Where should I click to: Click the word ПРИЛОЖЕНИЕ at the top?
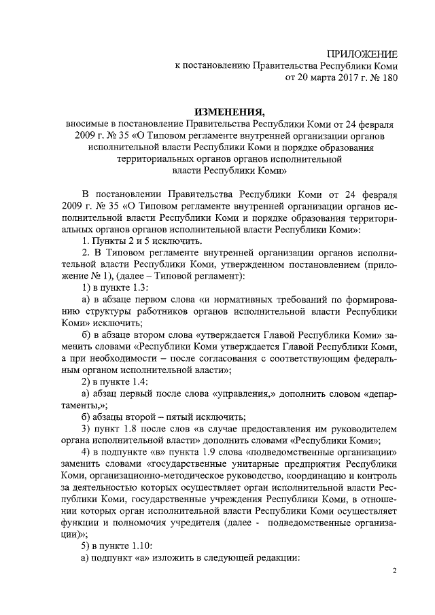[x=362, y=54]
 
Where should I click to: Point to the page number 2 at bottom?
[x=394, y=572]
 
